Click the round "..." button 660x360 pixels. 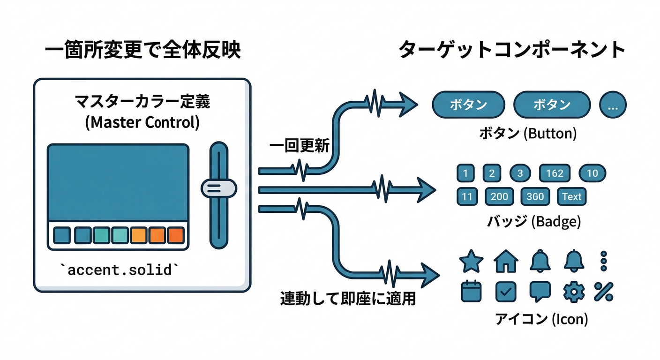[x=613, y=105]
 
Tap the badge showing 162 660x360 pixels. [x=555, y=173]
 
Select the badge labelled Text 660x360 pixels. [x=571, y=197]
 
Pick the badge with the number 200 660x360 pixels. [x=499, y=197]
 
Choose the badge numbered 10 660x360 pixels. [x=592, y=173]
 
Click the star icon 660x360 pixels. [x=471, y=261]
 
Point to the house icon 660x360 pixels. [x=506, y=261]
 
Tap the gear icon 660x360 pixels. [x=572, y=292]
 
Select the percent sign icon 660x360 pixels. [x=604, y=292]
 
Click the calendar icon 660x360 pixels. [x=471, y=291]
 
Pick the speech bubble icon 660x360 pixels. [x=540, y=292]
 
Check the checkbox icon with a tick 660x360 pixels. [x=506, y=292]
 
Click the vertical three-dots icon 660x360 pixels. [x=604, y=261]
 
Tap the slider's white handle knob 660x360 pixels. [x=218, y=188]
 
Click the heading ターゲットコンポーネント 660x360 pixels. [x=512, y=50]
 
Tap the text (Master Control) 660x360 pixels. [x=142, y=122]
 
